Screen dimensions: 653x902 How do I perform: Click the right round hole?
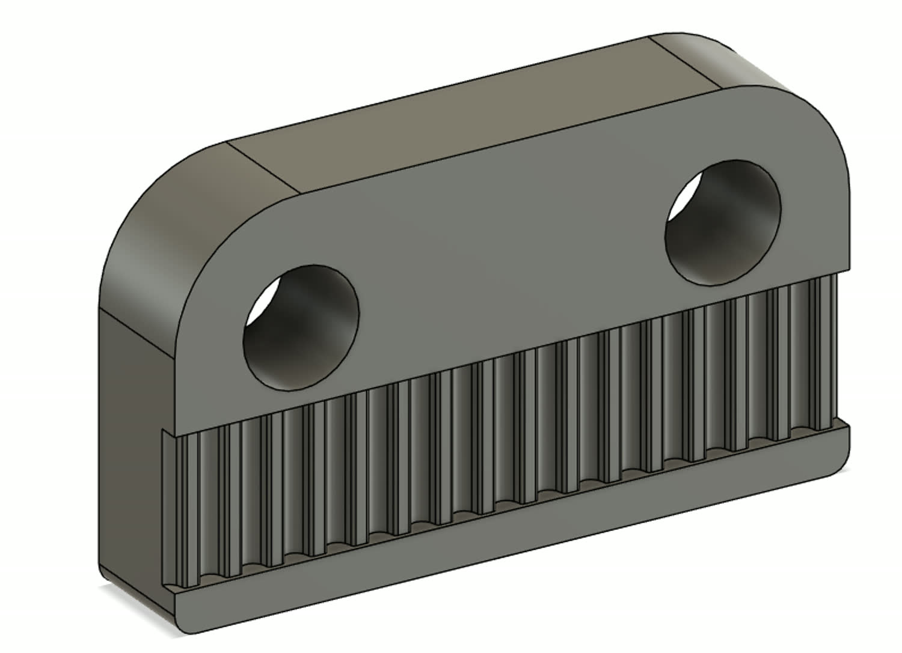click(x=723, y=222)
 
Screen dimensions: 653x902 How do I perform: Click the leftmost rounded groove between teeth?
click(x=207, y=511)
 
